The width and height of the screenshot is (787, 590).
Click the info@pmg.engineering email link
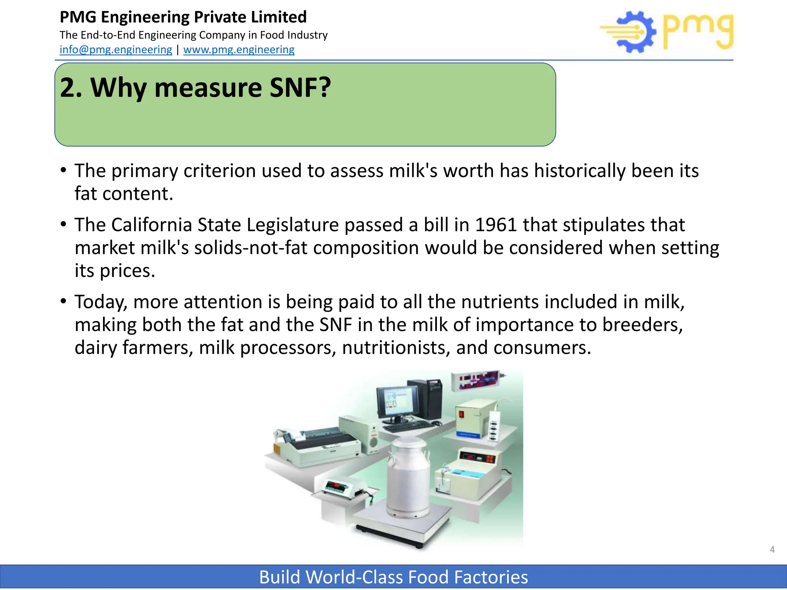pos(116,50)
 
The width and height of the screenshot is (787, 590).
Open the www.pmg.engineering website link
pos(239,50)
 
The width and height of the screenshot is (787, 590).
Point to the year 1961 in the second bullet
pos(496,225)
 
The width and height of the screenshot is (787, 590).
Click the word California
pos(151,225)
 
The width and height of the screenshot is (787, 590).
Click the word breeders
pos(642,325)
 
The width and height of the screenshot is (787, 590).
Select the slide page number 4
pos(772,550)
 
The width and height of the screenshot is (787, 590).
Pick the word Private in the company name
pos(219,17)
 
